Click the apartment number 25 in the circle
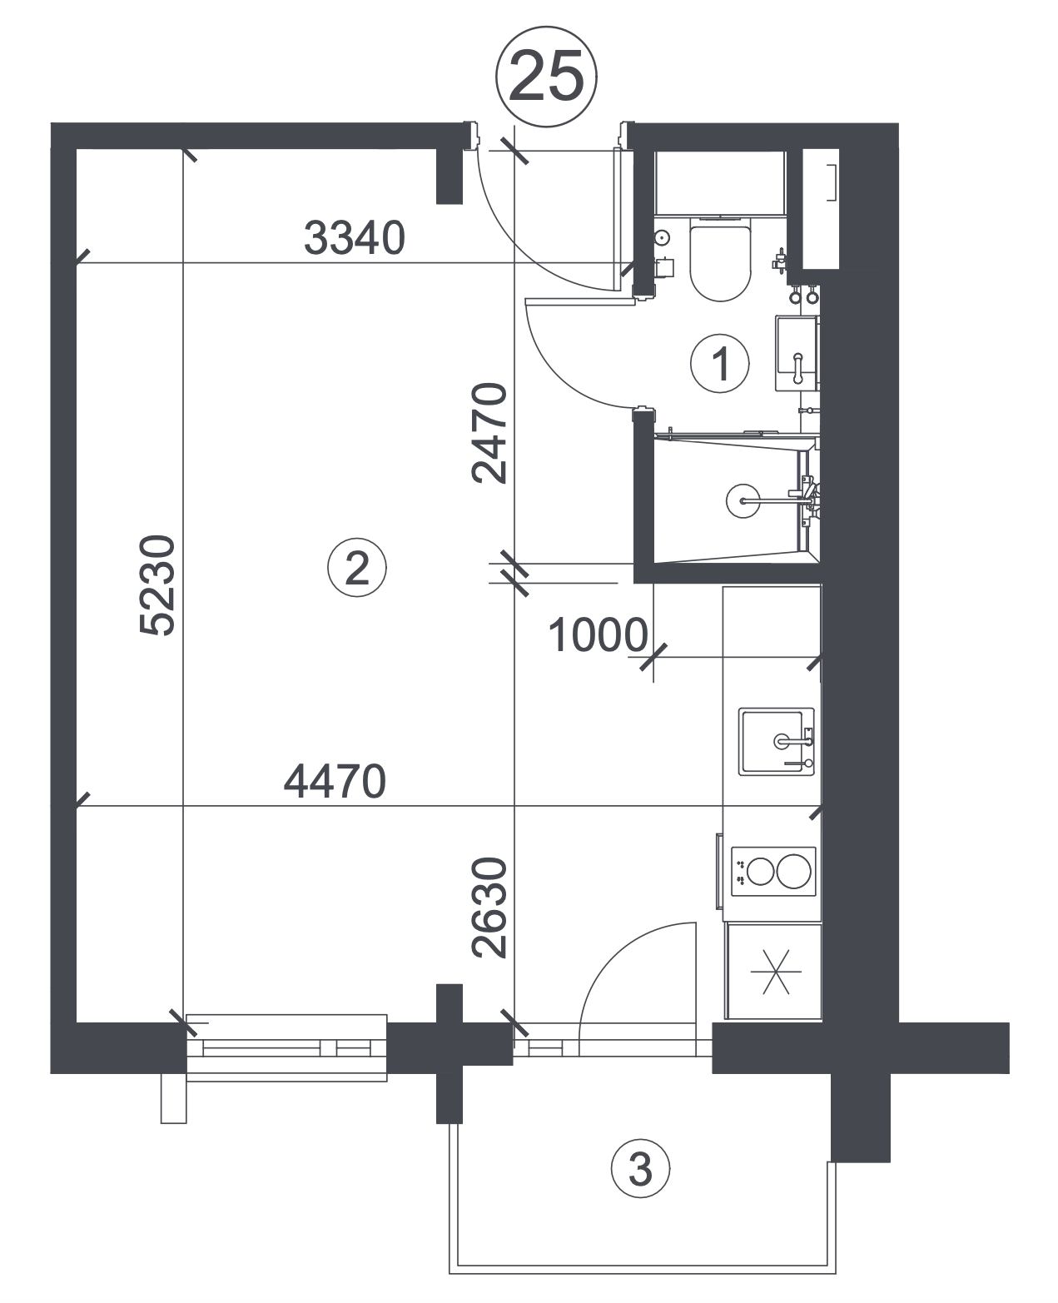point(545,77)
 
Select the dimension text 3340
point(354,238)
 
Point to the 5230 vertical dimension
point(158,584)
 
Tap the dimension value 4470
point(335,782)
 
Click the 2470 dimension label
point(489,433)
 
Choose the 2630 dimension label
point(489,908)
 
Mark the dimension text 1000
point(598,635)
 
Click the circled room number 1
point(720,363)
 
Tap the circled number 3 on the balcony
point(640,1171)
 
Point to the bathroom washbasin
point(797,353)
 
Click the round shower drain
point(743,500)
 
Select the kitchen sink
point(776,742)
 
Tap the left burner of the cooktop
point(760,871)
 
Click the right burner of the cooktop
point(793,871)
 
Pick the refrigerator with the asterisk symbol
point(773,972)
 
